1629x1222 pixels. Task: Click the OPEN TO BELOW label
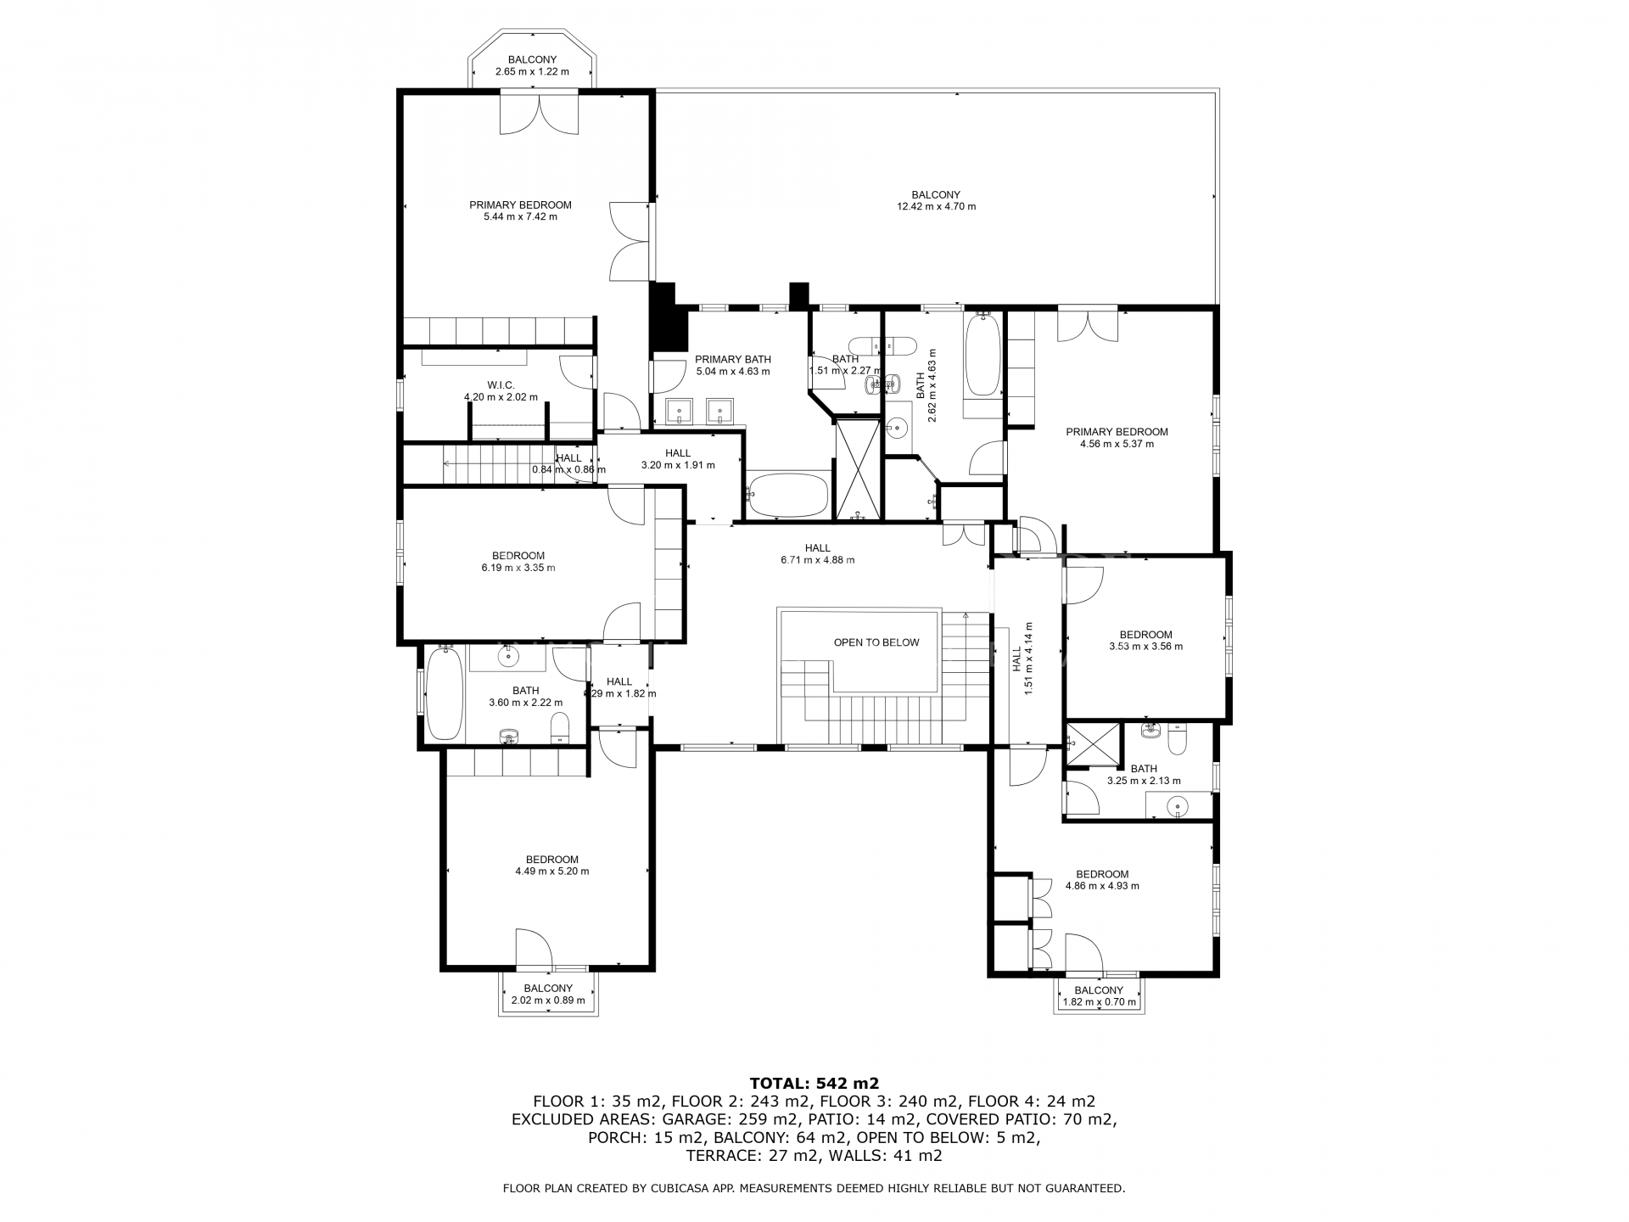coord(876,642)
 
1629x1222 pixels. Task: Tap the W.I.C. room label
coord(501,385)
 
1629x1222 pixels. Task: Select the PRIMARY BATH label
coord(733,359)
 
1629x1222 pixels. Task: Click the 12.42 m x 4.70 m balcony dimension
coord(937,206)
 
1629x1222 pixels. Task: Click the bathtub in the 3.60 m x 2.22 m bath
coord(444,692)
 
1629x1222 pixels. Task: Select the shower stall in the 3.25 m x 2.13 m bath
coord(1093,744)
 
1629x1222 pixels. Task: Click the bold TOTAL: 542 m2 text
coord(814,1083)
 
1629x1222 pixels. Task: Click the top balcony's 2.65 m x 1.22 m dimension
coord(532,71)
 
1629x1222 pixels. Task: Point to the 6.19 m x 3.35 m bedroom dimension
coord(518,568)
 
